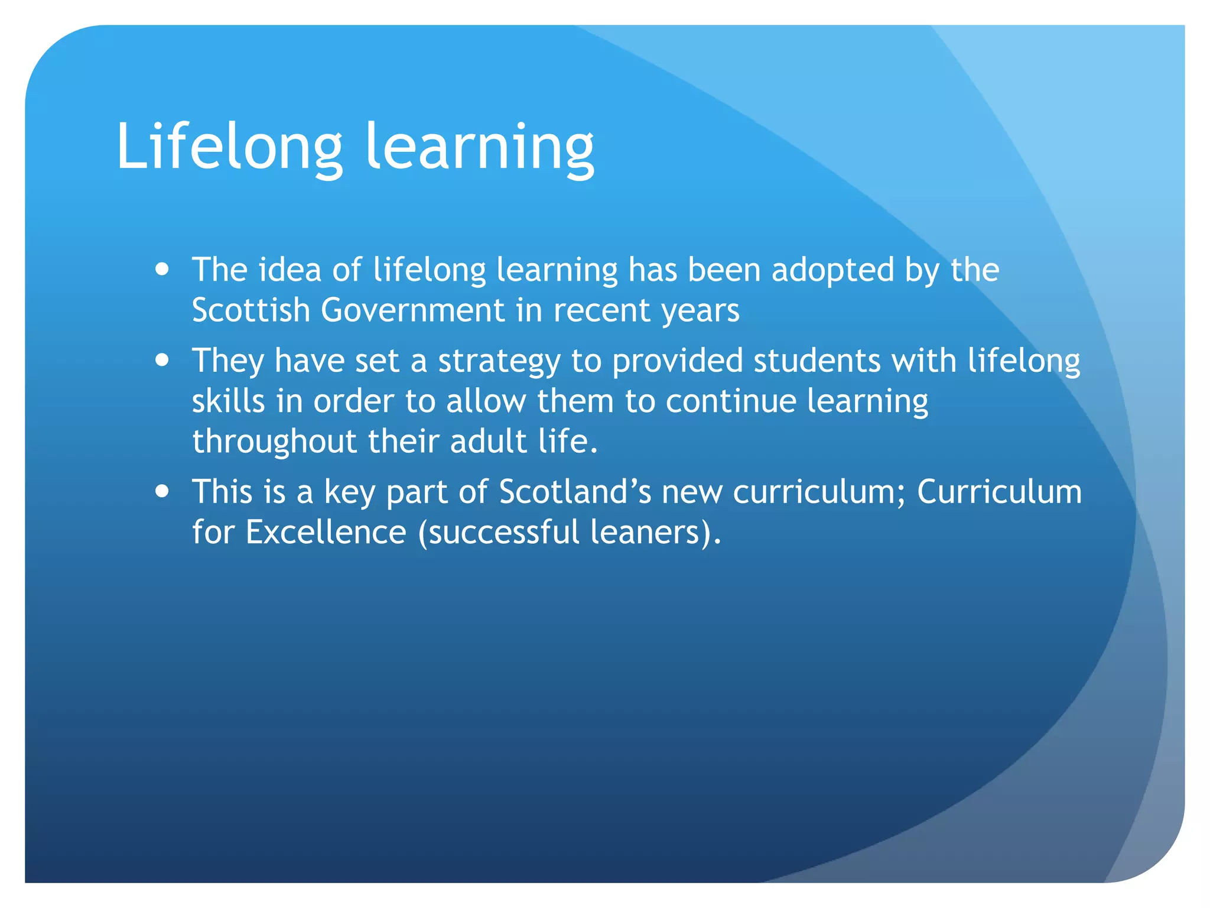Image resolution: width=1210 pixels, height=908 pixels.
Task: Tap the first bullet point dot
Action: [x=162, y=270]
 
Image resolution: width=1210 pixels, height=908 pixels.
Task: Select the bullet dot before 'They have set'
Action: [x=162, y=361]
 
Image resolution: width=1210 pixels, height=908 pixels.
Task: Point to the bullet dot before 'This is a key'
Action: [x=162, y=491]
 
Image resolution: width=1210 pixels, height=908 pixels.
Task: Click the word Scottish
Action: [x=251, y=310]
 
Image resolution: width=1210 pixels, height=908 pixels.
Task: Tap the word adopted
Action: [x=833, y=270]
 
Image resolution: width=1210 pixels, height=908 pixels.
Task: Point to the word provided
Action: [x=677, y=361]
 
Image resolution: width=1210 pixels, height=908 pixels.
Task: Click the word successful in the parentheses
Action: [x=504, y=531]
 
